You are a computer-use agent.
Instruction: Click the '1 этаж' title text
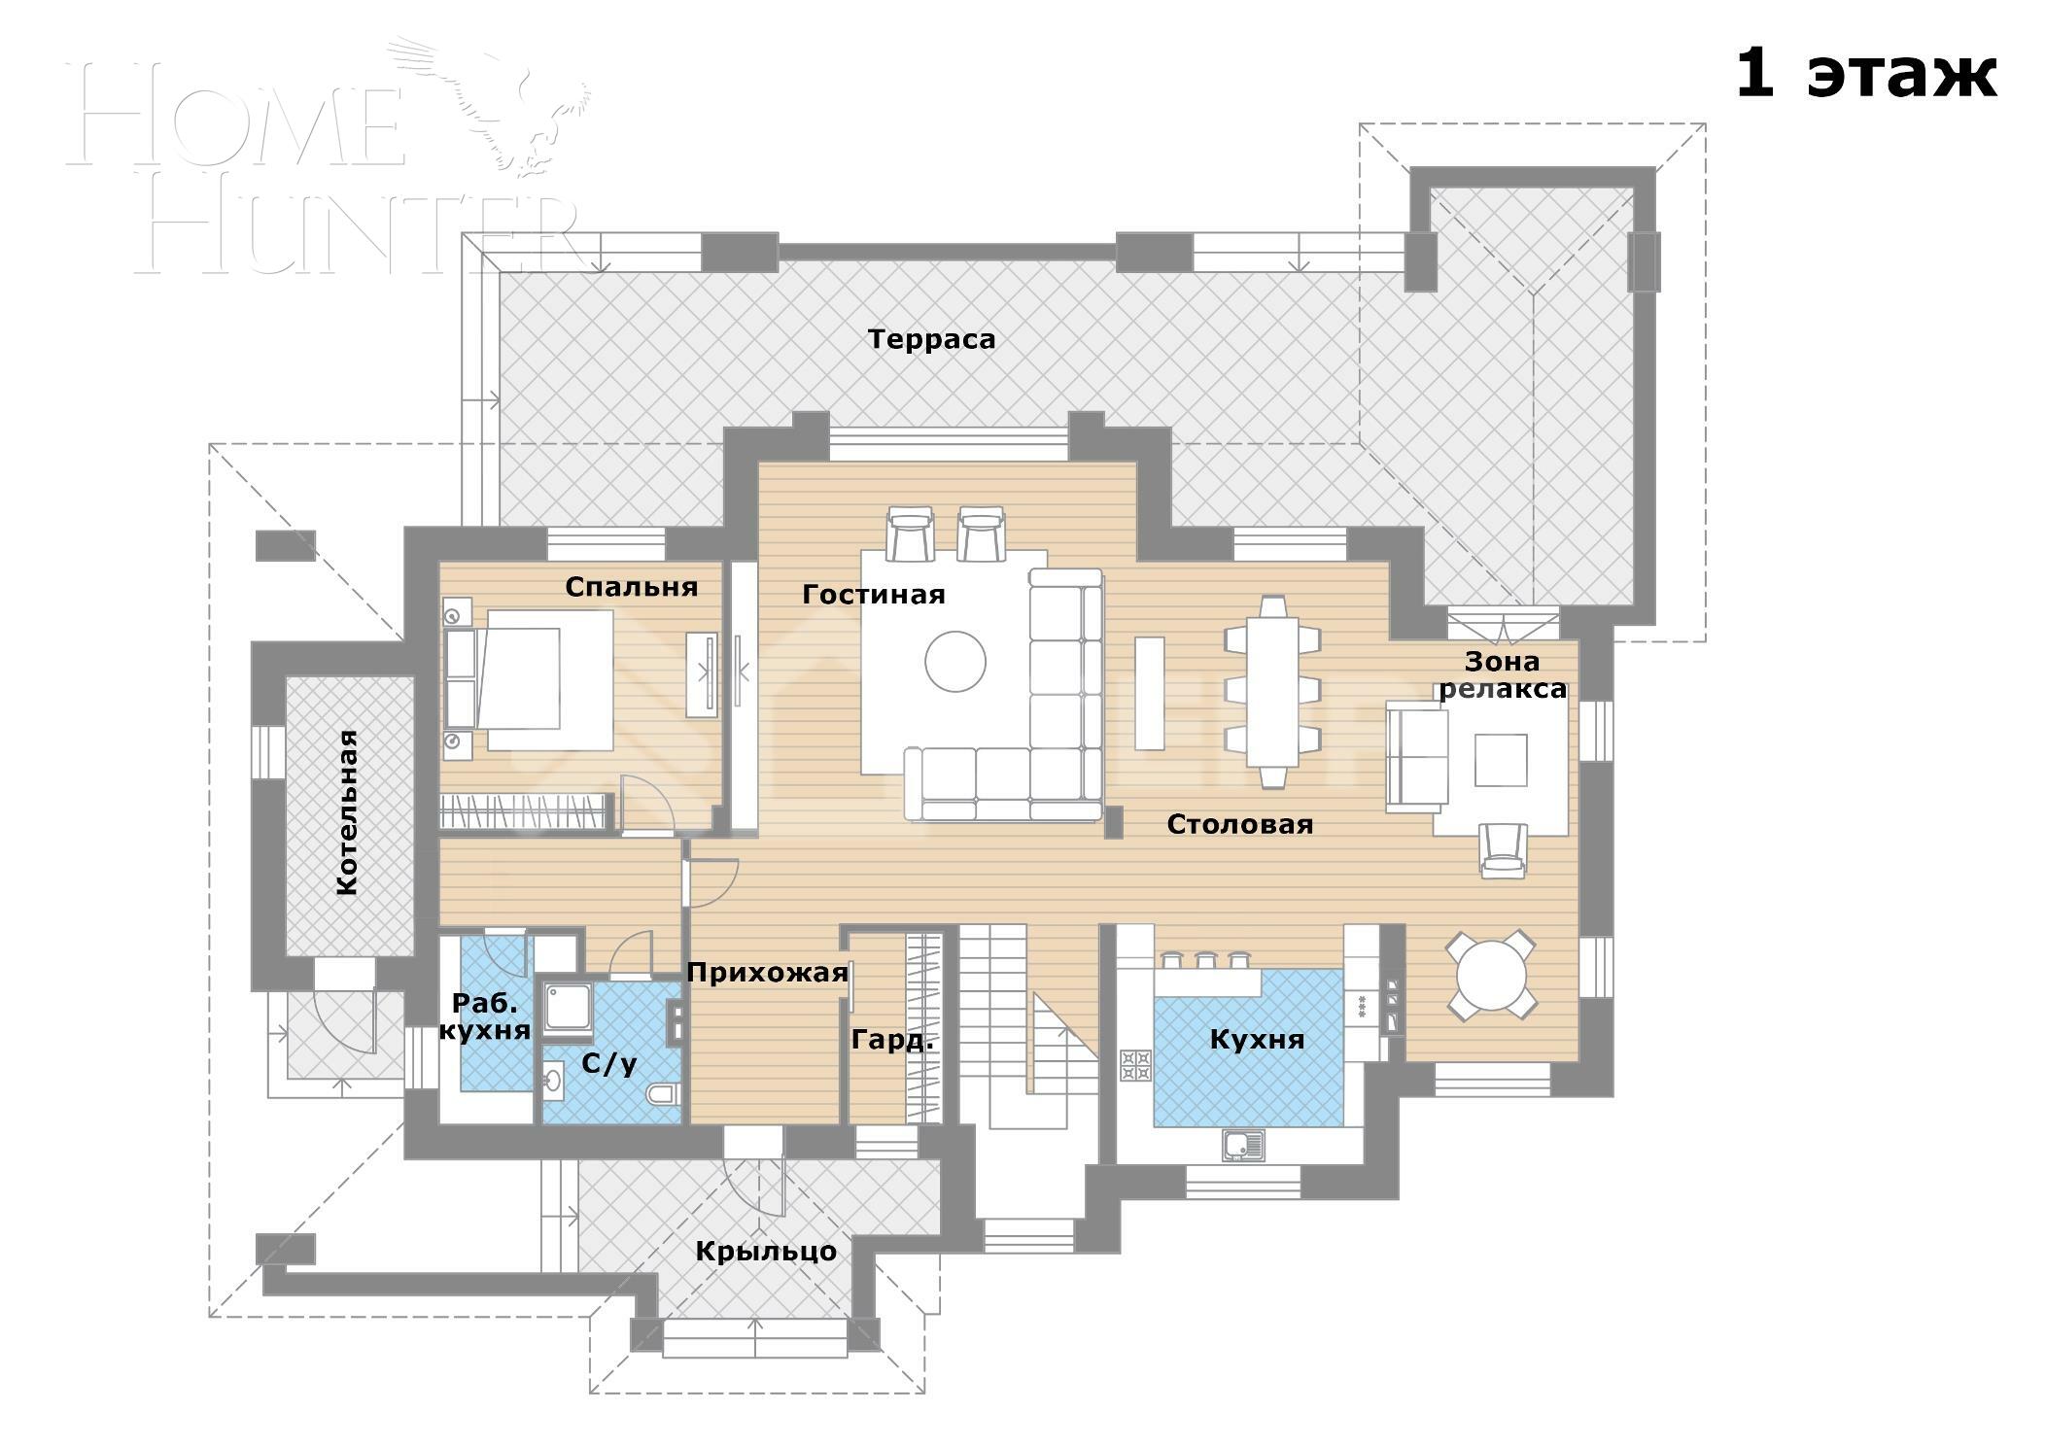[1864, 74]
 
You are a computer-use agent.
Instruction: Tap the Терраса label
[930, 339]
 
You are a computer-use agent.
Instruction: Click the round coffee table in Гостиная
[954, 661]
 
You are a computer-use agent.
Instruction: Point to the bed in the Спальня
[530, 678]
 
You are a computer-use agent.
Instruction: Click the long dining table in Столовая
[1272, 691]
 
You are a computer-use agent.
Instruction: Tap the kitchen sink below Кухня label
[1242, 1146]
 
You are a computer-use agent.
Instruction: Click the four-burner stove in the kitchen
[1134, 1064]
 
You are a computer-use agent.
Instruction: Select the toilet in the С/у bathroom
[664, 1094]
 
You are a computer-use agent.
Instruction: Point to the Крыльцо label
[765, 1251]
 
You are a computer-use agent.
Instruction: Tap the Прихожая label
[767, 973]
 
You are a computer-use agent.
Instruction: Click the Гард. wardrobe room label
[891, 1040]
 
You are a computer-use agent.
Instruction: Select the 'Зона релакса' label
[1502, 674]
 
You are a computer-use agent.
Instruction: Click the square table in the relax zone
[1500, 759]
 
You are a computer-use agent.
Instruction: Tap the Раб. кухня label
[484, 1016]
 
